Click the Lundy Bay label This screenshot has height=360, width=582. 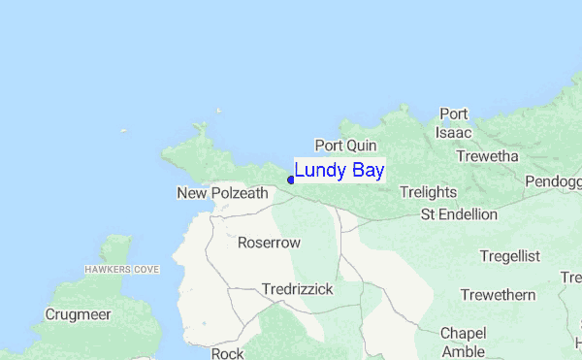(x=339, y=171)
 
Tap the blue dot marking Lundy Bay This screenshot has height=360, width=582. (x=291, y=180)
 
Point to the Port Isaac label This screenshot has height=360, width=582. (x=454, y=123)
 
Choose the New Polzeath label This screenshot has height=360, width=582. (x=222, y=193)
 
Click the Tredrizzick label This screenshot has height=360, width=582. (x=297, y=289)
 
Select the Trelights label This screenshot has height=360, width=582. (x=428, y=192)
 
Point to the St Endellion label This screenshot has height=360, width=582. (x=459, y=214)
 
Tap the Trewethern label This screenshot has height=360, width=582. (x=498, y=295)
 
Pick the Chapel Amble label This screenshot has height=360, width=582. (x=463, y=342)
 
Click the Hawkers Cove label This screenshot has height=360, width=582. (x=121, y=269)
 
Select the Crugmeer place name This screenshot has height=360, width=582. (x=78, y=315)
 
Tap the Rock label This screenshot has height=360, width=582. (x=227, y=353)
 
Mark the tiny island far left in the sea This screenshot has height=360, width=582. (x=123, y=132)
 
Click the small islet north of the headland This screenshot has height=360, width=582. (x=220, y=111)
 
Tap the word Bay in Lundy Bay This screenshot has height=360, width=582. (x=366, y=171)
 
